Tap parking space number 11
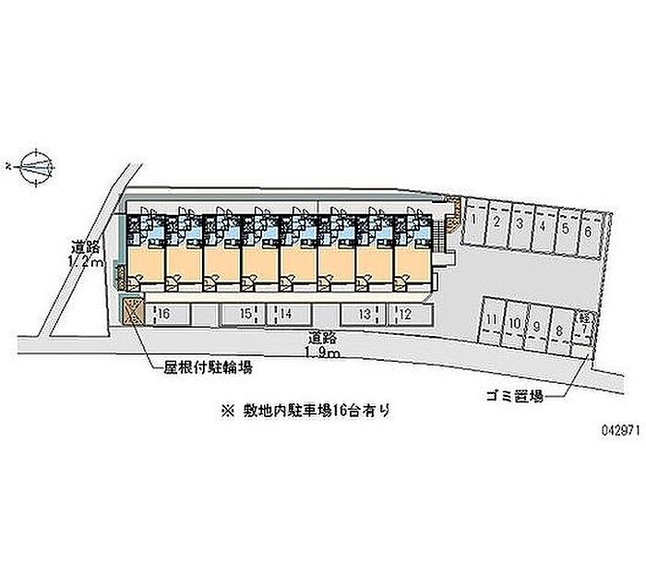coord(494,323)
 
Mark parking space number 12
coord(405,315)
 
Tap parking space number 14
coord(286,315)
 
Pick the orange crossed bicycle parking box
coord(133,311)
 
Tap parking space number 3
coord(519,225)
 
